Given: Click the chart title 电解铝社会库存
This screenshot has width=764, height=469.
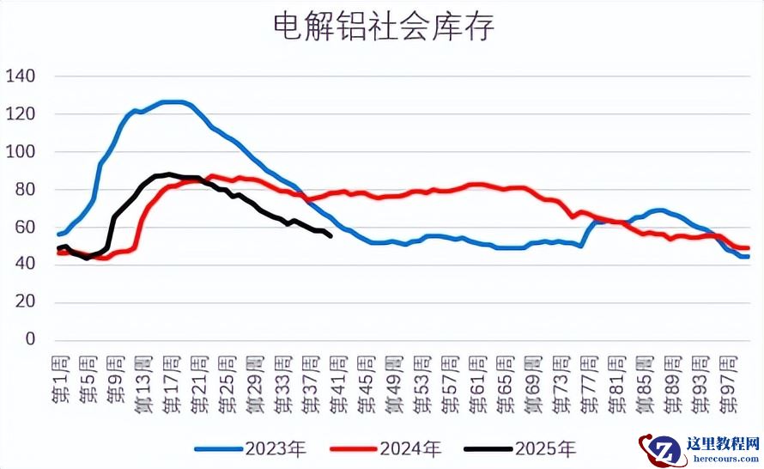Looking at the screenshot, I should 383,27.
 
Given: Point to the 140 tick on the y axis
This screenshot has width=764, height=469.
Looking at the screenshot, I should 20,76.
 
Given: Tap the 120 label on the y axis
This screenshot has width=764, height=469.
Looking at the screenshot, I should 20,114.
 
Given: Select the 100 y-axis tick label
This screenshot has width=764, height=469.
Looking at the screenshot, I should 20,152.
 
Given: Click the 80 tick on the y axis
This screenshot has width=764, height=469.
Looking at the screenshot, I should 24,190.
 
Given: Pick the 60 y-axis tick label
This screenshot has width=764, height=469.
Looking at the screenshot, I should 24,228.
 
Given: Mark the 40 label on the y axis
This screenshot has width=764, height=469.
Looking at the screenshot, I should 24,265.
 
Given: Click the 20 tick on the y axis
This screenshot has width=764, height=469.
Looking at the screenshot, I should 24,302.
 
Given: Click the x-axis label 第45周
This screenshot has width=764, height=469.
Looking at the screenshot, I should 364,375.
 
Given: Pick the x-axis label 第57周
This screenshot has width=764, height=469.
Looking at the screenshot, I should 448,375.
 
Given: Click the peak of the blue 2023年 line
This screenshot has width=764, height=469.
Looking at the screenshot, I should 172,101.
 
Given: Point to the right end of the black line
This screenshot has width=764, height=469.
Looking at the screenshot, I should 331,236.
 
